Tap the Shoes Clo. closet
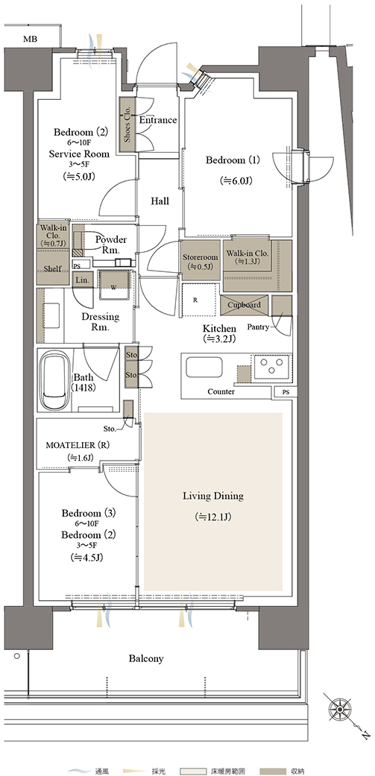coord(127,124)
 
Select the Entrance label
coord(158,120)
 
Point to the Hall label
coord(160,201)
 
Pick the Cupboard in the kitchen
coord(245,305)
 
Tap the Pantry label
coord(257,327)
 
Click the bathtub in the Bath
coord(55,380)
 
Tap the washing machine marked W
coord(115,285)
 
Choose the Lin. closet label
coord(81,280)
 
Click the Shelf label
coord(52,268)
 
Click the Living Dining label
coord(213,496)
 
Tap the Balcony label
coord(146,659)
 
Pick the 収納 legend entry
coord(286,771)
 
